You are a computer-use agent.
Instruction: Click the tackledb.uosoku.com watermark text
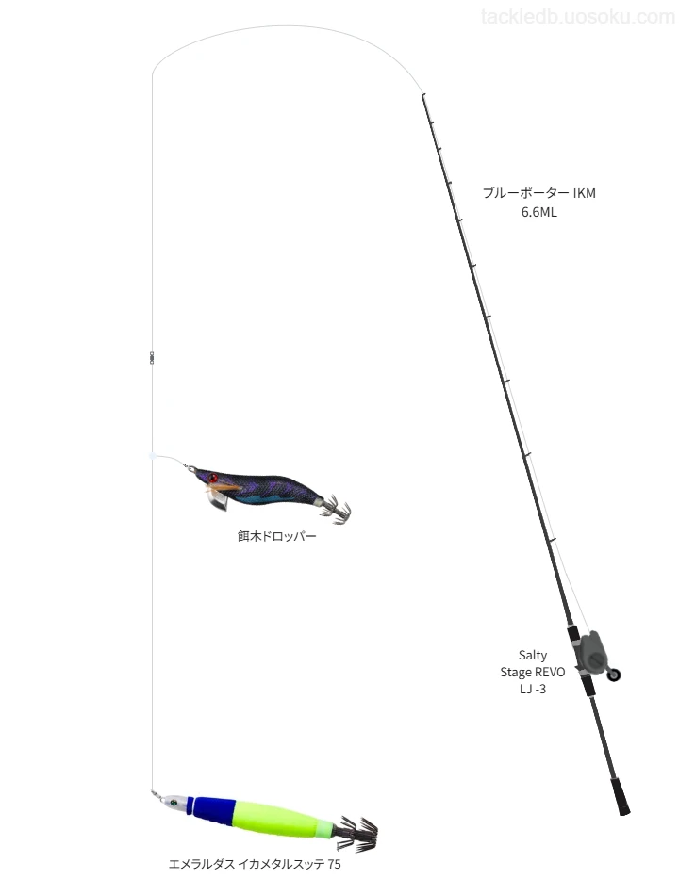[x=578, y=17]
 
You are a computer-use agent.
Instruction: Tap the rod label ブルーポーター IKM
[x=539, y=193]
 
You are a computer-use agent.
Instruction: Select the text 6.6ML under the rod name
[x=539, y=212]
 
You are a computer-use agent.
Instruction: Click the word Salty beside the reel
[x=533, y=655]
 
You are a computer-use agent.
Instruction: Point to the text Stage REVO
[x=533, y=672]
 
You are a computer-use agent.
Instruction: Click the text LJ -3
[x=533, y=689]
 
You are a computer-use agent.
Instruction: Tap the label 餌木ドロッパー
[x=276, y=536]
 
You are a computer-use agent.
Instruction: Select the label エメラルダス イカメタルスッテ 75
[x=255, y=864]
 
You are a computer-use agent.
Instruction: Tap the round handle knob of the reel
[x=614, y=675]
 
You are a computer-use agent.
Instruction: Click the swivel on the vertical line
[x=152, y=357]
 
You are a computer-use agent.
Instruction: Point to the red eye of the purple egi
[x=213, y=478]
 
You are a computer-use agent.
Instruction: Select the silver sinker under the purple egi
[x=217, y=500]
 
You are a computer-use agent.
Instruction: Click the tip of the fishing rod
[x=422, y=95]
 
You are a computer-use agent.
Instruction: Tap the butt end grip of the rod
[x=621, y=796]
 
